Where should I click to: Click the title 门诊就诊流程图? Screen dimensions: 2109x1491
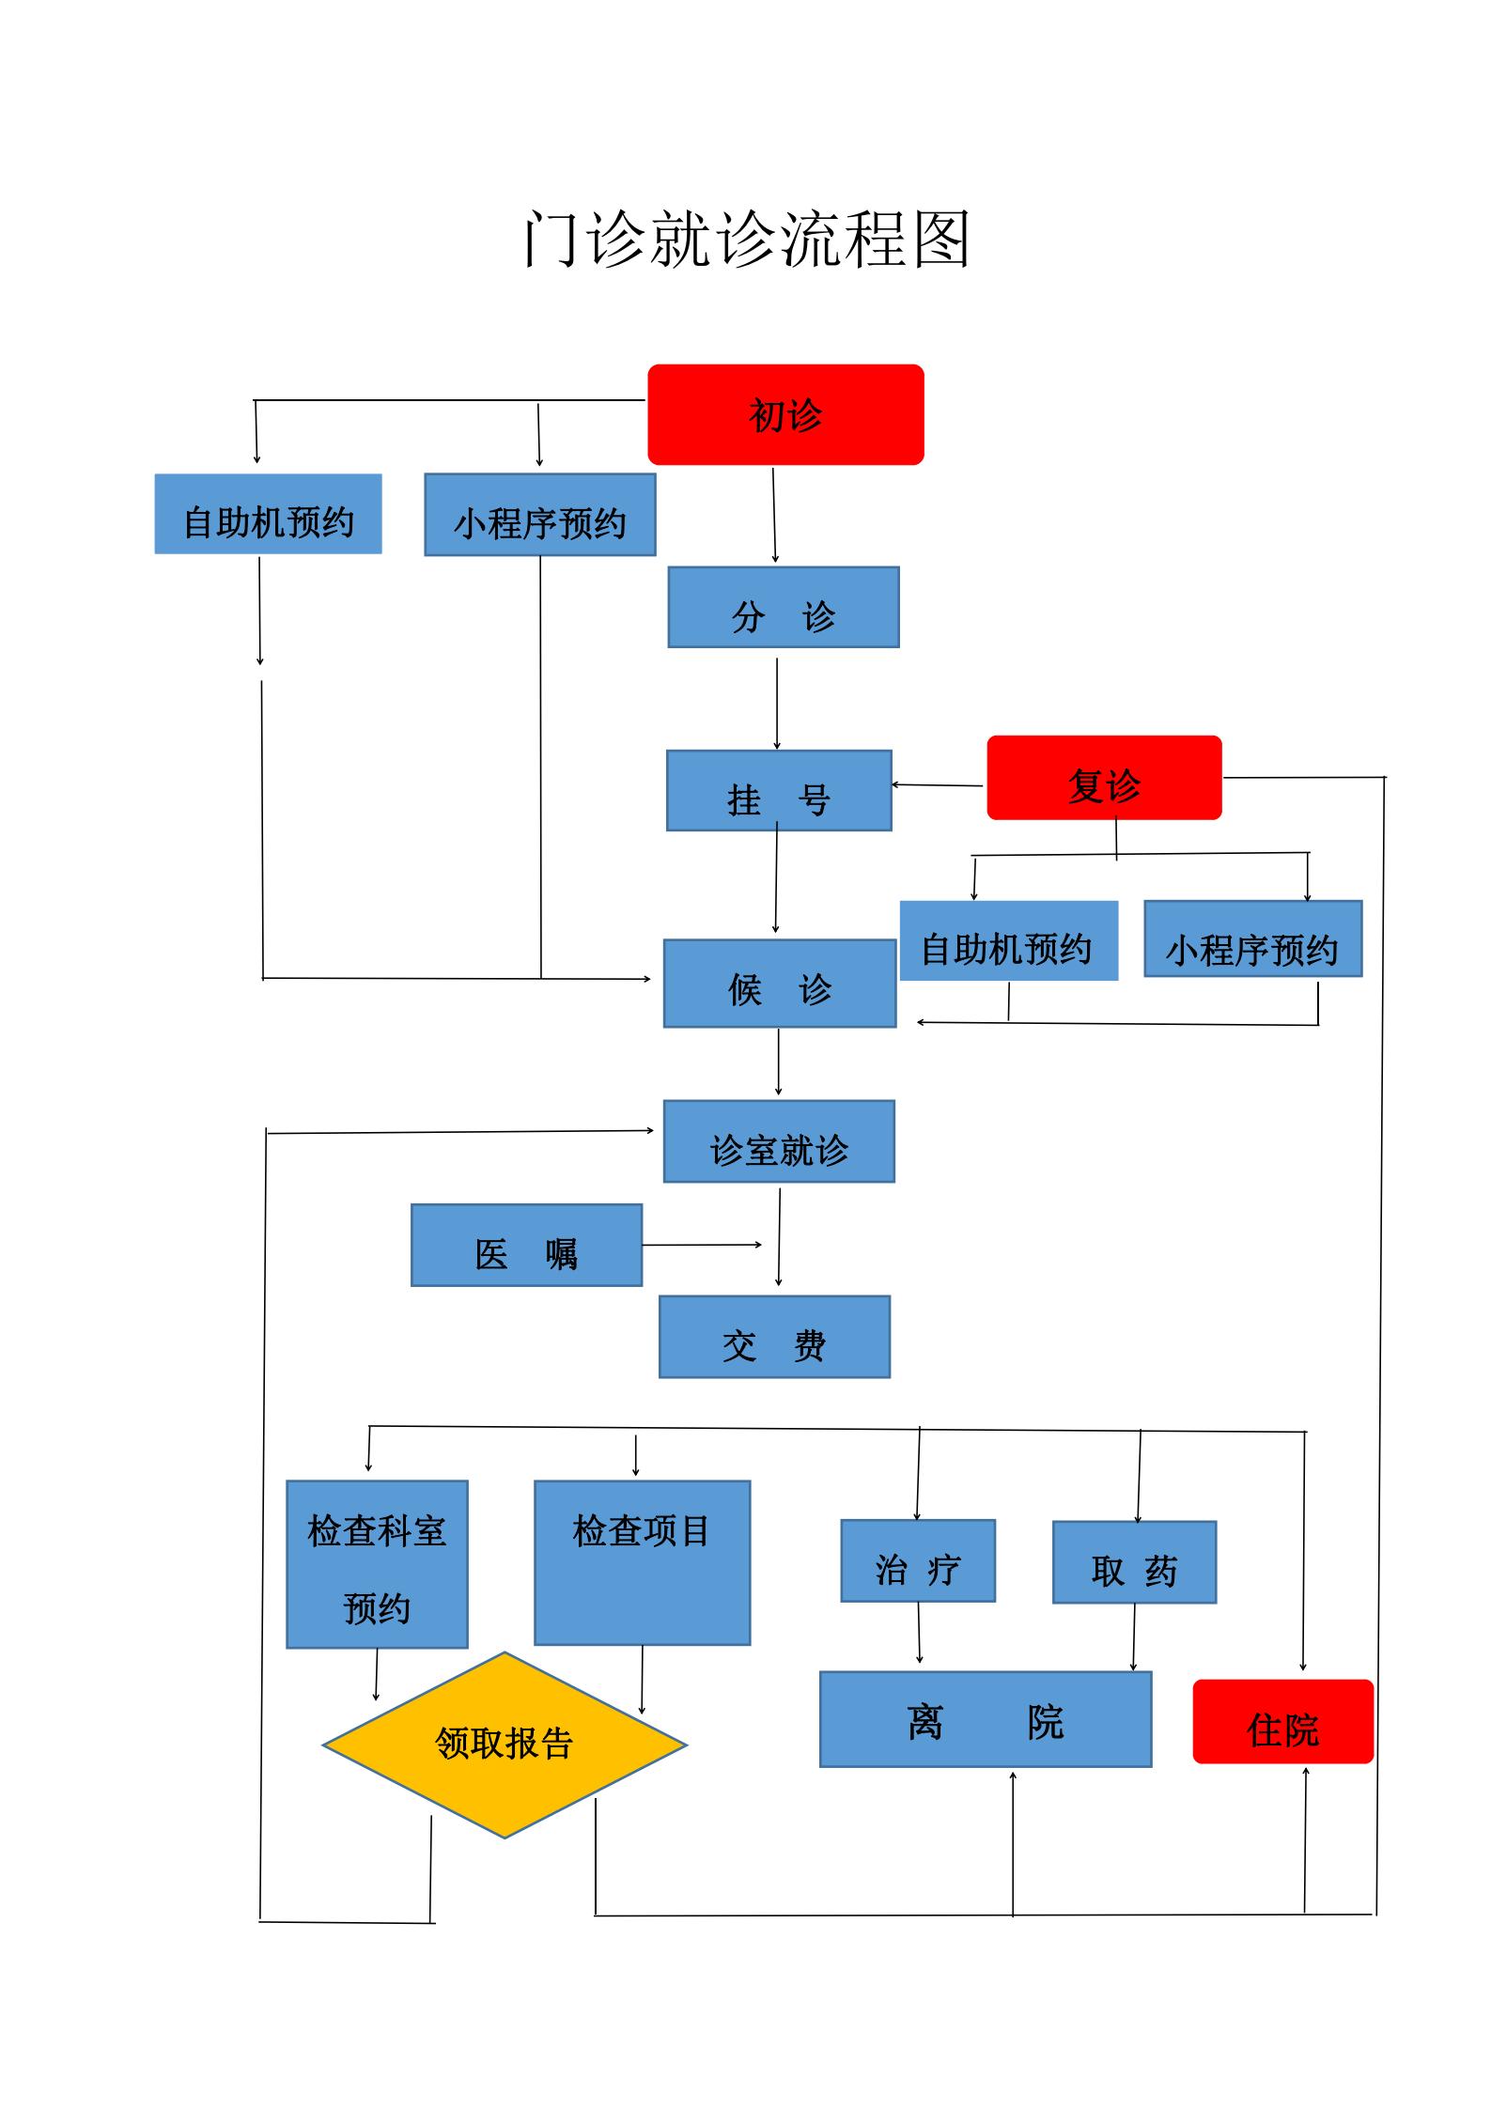coord(746,239)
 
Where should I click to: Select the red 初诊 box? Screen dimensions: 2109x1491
coord(785,414)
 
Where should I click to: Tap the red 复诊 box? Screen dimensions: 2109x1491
coord(1104,778)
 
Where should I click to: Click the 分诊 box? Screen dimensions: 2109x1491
coord(784,607)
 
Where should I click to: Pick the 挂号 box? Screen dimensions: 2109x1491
coord(779,791)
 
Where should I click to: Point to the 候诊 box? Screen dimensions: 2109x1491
coord(780,984)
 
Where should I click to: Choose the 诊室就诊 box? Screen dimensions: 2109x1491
coord(779,1141)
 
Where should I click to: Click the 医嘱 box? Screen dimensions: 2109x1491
coord(526,1246)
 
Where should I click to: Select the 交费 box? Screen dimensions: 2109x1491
coord(774,1338)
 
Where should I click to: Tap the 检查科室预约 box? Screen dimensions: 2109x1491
coord(377,1565)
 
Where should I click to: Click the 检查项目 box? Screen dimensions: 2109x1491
coord(642,1563)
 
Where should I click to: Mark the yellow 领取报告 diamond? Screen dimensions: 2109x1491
coord(505,1745)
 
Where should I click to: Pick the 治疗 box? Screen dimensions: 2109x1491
coord(917,1561)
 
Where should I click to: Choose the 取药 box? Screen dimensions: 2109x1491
coord(1134,1563)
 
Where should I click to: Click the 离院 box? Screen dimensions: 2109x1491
coord(985,1719)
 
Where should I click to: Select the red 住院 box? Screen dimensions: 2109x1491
coord(1282,1722)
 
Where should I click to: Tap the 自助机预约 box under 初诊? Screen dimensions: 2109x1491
coord(268,514)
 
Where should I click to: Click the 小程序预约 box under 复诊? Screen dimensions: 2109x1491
coord(1252,939)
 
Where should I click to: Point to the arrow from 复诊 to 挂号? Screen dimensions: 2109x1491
coord(938,784)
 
